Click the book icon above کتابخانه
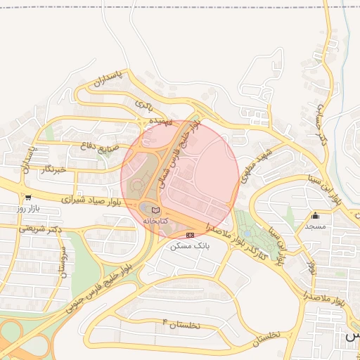click(155, 210)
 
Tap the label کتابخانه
click(155, 221)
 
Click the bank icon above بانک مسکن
click(190, 235)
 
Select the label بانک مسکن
click(191, 246)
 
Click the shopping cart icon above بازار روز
click(27, 198)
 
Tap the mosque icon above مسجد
click(315, 216)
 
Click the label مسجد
click(315, 226)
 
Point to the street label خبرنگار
click(53, 169)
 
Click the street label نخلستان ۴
click(181, 324)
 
